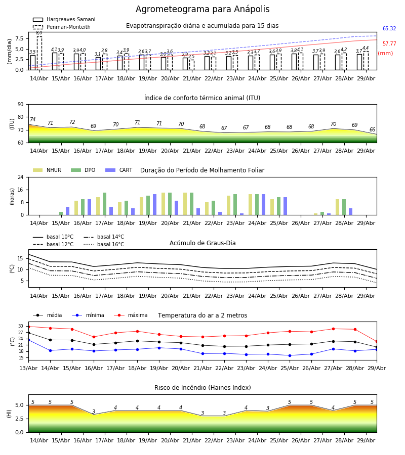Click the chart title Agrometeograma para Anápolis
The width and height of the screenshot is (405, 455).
[x=202, y=9]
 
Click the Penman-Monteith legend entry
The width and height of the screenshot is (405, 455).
[x=62, y=27]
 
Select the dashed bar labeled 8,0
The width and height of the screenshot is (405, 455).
[x=39, y=53]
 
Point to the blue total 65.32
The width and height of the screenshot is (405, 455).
[x=389, y=28]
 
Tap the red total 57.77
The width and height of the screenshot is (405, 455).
[x=389, y=44]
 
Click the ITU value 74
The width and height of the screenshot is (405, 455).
[x=32, y=119]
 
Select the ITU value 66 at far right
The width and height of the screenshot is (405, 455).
[x=372, y=129]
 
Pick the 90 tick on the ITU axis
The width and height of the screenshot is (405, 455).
[x=21, y=105]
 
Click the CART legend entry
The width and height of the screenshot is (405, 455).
[x=119, y=170]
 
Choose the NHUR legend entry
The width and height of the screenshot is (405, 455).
[x=47, y=170]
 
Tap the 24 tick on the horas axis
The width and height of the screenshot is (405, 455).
[x=21, y=177]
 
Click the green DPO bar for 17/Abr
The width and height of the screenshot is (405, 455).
[x=105, y=204]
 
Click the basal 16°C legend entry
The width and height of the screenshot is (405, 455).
[x=104, y=244]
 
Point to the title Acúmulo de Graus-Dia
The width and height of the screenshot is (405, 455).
[x=202, y=243]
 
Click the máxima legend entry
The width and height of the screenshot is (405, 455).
[x=131, y=315]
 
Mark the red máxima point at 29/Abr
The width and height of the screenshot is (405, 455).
[x=377, y=342]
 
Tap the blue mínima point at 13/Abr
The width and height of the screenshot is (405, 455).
[x=28, y=340]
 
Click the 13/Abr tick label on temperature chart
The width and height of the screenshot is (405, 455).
[x=28, y=368]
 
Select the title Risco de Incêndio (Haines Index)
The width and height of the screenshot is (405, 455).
[x=202, y=388]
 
